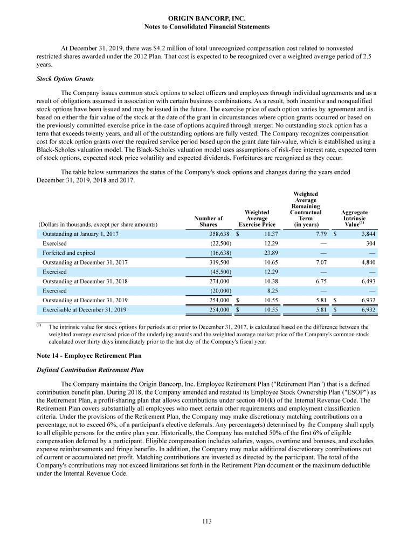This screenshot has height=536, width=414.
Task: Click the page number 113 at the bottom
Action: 207,521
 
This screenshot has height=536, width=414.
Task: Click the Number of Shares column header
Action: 208,221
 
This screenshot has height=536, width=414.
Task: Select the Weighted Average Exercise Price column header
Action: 257,218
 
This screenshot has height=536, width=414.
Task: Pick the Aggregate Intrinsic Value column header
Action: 355,218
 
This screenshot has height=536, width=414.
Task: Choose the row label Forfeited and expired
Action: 68,253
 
